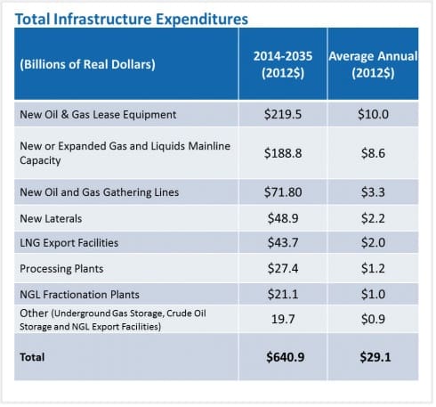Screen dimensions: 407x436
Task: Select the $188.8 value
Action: click(x=282, y=152)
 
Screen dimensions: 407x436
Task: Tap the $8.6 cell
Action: click(x=373, y=152)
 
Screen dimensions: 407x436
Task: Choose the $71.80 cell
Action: click(x=282, y=192)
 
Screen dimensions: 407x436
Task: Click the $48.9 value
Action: click(x=282, y=217)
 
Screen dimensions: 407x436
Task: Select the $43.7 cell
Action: click(x=282, y=242)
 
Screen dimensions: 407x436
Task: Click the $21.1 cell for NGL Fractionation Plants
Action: click(x=282, y=293)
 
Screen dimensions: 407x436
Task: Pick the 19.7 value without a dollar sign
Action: click(x=282, y=318)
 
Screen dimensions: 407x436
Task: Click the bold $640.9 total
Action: click(x=282, y=356)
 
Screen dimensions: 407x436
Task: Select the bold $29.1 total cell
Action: click(x=373, y=356)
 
